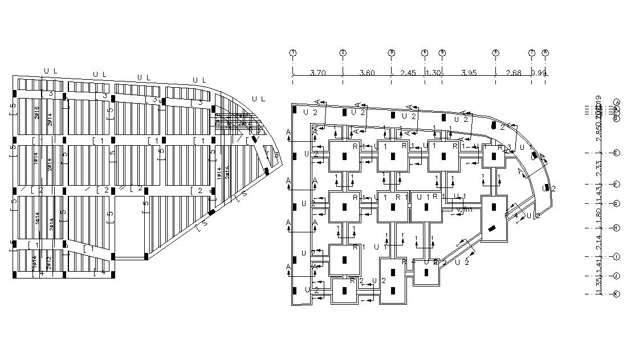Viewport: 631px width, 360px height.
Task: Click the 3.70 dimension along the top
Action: pyautogui.click(x=317, y=72)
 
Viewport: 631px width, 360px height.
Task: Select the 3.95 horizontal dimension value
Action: pyautogui.click(x=468, y=72)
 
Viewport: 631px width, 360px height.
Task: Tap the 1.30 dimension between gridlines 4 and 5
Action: pyautogui.click(x=434, y=72)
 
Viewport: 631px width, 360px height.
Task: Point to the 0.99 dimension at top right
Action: pyautogui.click(x=538, y=72)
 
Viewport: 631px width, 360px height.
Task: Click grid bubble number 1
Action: pyautogui.click(x=293, y=53)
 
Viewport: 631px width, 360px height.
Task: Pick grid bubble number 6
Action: pyautogui.click(x=495, y=53)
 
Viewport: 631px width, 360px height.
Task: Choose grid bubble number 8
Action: pyautogui.click(x=545, y=53)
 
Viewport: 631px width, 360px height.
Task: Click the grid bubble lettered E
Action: pyautogui.click(x=616, y=153)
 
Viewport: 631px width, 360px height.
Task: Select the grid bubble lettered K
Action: pyautogui.click(x=616, y=294)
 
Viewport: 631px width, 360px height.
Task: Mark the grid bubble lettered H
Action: pyautogui.click(x=616, y=228)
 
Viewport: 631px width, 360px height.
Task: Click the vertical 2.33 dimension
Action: pyautogui.click(x=599, y=169)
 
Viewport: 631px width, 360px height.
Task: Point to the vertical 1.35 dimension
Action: pyautogui.click(x=599, y=285)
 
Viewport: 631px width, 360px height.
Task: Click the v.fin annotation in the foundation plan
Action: pyautogui.click(x=465, y=210)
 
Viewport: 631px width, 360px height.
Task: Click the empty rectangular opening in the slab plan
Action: pyautogui.click(x=129, y=226)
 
